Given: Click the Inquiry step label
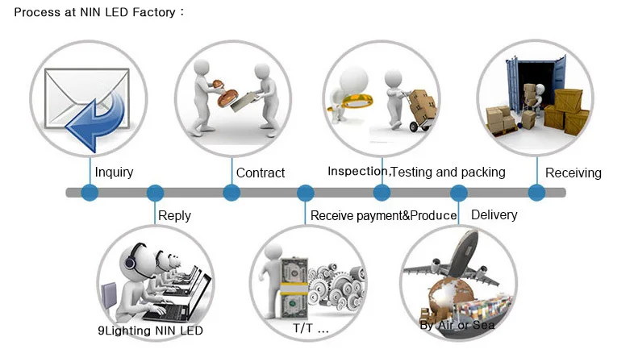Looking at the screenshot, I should [114, 172].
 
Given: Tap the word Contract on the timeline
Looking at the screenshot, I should [261, 173].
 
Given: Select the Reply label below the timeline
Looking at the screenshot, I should [174, 215].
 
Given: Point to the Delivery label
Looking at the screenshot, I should [494, 214].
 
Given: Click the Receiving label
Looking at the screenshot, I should [573, 173].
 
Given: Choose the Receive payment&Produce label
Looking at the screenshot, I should [383, 215].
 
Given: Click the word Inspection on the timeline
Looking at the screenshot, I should [358, 171].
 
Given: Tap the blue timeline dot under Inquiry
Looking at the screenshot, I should [90, 193].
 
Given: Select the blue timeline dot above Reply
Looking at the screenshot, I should [155, 193].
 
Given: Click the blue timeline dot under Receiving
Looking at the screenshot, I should [536, 193].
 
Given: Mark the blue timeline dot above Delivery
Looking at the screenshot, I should [458, 193].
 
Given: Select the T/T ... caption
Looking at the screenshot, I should [310, 330].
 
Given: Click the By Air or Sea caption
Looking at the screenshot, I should [457, 325].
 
